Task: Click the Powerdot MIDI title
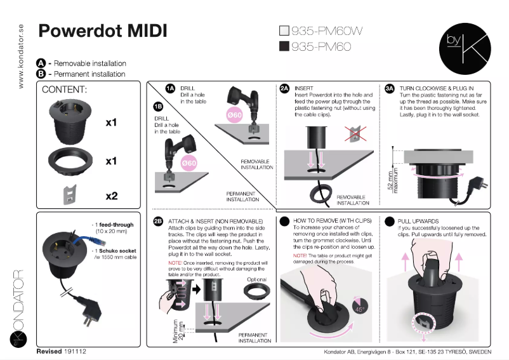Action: click(x=103, y=31)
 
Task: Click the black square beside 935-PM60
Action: click(x=284, y=46)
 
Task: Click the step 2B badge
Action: click(x=158, y=221)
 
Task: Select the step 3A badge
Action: click(x=390, y=88)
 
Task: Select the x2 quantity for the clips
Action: click(x=111, y=196)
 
